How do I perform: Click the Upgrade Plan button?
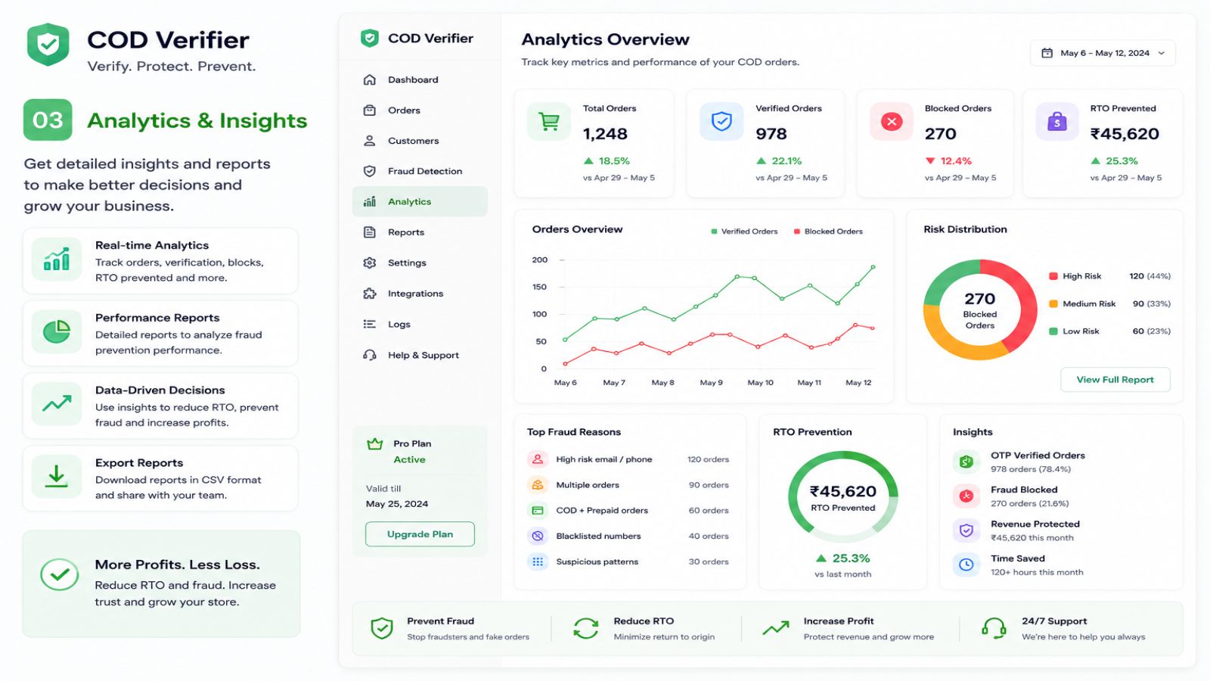click(x=420, y=534)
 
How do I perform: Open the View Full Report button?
click(x=1115, y=379)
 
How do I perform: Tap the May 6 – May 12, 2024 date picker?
click(x=1103, y=53)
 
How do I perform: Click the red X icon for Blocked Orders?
click(x=892, y=122)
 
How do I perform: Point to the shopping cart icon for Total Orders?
click(x=549, y=122)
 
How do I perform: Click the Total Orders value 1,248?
click(x=605, y=133)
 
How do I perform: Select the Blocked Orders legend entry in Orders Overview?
click(x=828, y=232)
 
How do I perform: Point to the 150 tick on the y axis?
click(x=540, y=287)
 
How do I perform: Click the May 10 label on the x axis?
click(x=760, y=383)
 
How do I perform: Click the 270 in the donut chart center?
click(x=980, y=299)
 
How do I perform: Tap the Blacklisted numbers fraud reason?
click(x=598, y=536)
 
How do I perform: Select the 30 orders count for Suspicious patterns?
click(x=708, y=561)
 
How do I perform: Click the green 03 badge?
click(x=48, y=120)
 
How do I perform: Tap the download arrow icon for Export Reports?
click(x=56, y=477)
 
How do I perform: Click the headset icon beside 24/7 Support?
click(x=994, y=629)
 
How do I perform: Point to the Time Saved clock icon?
click(x=966, y=564)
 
